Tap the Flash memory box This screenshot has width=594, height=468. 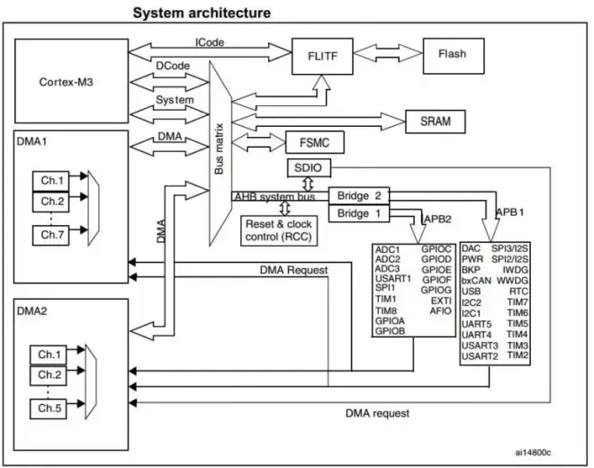point(452,54)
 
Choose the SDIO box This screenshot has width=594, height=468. point(309,168)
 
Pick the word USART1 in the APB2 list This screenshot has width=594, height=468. point(393,278)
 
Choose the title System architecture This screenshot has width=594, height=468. point(202,13)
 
